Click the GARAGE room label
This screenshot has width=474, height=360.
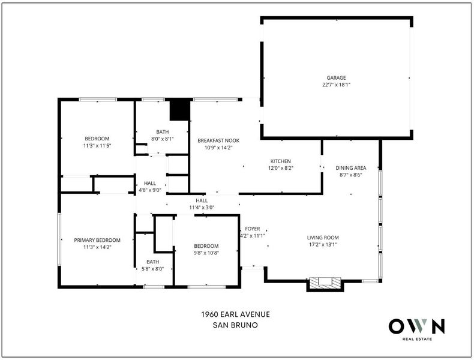pyautogui.click(x=336, y=77)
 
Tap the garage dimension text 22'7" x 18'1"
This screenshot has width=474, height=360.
pyautogui.click(x=336, y=85)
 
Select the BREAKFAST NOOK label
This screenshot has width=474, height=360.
pyautogui.click(x=218, y=140)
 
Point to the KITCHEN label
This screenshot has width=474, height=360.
pyautogui.click(x=281, y=161)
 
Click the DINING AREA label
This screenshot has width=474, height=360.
pyautogui.click(x=350, y=168)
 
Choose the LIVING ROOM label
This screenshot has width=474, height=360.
pyautogui.click(x=323, y=238)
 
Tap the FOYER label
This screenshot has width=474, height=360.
pyautogui.click(x=253, y=229)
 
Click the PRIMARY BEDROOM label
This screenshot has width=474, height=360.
pyautogui.click(x=97, y=240)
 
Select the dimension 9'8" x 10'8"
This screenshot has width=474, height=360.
pyautogui.click(x=206, y=253)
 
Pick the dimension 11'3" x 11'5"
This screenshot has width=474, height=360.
pyautogui.click(x=97, y=146)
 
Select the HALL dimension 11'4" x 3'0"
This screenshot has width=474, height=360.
pyautogui.click(x=202, y=208)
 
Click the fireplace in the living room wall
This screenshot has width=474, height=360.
pyautogui.click(x=325, y=284)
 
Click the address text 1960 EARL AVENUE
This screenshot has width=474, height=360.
pyautogui.click(x=235, y=314)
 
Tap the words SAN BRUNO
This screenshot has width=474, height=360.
pyautogui.click(x=235, y=325)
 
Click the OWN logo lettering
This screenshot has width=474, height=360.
pyautogui.click(x=416, y=326)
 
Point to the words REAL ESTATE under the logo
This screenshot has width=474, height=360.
pyautogui.click(x=417, y=339)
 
